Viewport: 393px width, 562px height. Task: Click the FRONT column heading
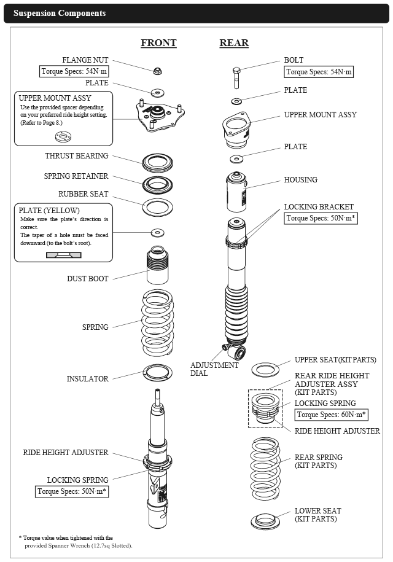[x=158, y=43]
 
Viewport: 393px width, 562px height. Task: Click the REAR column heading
[x=234, y=43]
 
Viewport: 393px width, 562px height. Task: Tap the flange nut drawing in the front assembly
[x=157, y=70]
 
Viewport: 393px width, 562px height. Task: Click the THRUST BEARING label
[x=76, y=156]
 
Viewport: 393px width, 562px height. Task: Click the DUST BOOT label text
[x=88, y=279]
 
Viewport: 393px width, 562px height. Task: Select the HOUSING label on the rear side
[x=301, y=180]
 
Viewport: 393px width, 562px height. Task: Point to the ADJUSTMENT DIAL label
[x=215, y=369]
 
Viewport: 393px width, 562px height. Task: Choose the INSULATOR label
[x=87, y=379]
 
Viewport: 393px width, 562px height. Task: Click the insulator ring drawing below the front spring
[x=158, y=370]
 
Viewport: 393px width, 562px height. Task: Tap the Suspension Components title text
[x=60, y=13]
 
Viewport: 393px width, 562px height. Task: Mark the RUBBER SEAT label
[x=84, y=194]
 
